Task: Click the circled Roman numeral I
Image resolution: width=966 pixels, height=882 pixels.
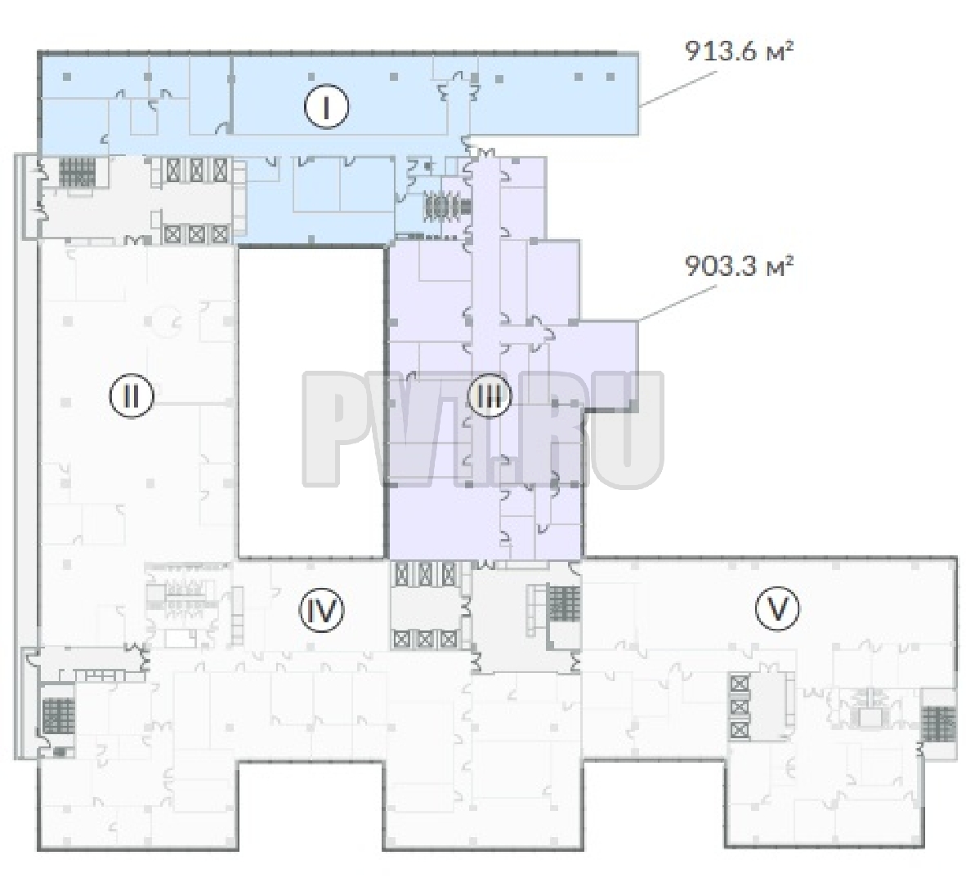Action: coord(327,108)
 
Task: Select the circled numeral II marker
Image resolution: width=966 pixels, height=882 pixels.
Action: coord(132,396)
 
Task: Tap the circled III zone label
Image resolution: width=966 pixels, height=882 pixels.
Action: coord(490,396)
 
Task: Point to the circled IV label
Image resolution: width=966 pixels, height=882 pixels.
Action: coord(321,610)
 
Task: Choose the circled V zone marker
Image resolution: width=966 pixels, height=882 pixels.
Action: coord(777,608)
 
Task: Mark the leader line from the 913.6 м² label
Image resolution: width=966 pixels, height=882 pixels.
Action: coord(678,89)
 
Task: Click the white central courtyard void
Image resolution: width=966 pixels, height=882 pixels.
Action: coord(311,402)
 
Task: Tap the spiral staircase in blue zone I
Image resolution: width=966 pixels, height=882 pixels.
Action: coord(444,206)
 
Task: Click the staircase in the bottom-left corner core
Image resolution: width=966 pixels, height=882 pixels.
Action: coord(59,717)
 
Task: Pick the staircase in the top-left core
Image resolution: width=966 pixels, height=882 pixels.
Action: coord(78,171)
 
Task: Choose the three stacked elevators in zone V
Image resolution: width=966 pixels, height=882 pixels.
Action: coord(740,706)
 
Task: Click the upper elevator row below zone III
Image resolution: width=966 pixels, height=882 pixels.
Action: coord(425,573)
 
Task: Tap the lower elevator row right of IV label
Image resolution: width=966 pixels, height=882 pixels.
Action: coord(425,639)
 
